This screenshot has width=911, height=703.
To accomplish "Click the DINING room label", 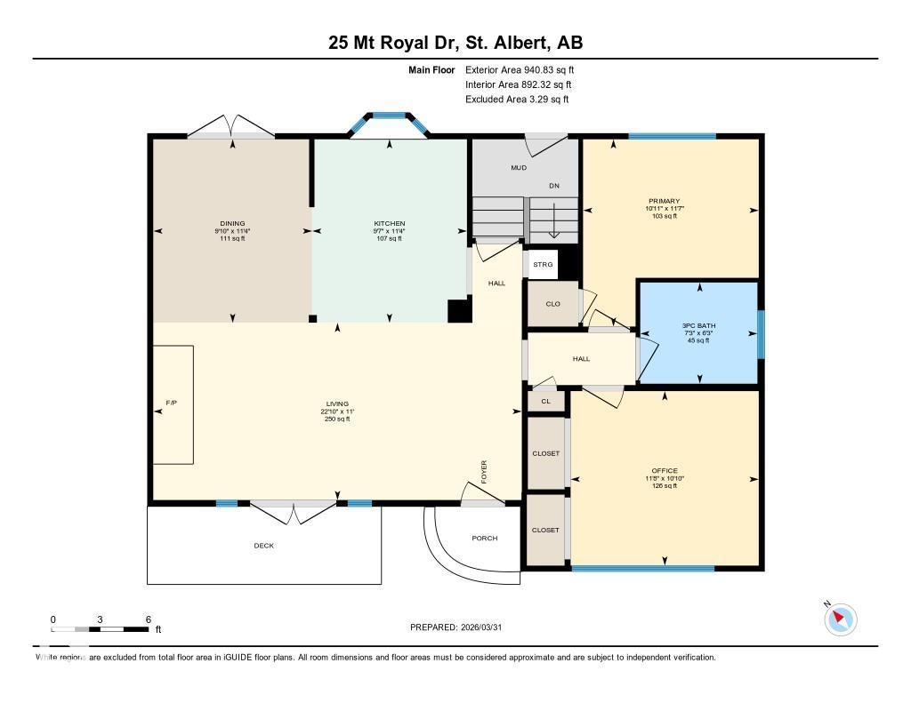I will click(233, 224).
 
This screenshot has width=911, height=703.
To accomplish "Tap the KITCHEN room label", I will click(389, 224).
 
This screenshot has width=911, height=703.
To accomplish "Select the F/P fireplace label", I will click(172, 403).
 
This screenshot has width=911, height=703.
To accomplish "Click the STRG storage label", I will click(543, 265).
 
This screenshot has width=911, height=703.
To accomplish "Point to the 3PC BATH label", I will click(698, 326).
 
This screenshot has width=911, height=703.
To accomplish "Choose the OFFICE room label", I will click(665, 471).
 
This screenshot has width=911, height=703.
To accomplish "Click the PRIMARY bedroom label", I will click(665, 202).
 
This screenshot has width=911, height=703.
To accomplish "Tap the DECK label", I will click(264, 546).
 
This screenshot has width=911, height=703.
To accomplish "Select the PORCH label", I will click(485, 539).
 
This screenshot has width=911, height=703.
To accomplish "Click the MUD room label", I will click(519, 168).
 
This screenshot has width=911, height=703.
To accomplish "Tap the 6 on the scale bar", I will click(148, 619).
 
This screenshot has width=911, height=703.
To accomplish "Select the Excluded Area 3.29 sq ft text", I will click(517, 100).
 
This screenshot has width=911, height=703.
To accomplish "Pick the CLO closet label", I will click(552, 304).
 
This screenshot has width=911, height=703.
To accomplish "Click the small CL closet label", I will click(545, 402).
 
